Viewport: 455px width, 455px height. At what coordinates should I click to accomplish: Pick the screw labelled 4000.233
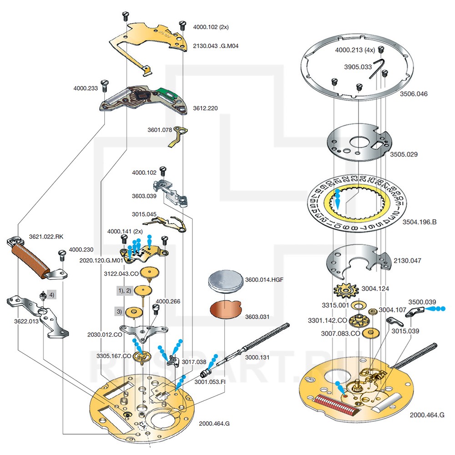pyautogui.click(x=105, y=84)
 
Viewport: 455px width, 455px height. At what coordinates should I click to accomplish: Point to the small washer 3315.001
pyautogui.click(x=357, y=304)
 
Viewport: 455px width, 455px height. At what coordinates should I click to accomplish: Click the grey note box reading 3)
pyautogui.click(x=119, y=312)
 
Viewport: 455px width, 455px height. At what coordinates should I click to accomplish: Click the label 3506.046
pyautogui.click(x=414, y=94)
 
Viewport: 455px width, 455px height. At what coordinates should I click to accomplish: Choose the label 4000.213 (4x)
pyautogui.click(x=355, y=49)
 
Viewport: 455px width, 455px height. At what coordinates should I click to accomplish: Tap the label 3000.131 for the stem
pyautogui.click(x=257, y=358)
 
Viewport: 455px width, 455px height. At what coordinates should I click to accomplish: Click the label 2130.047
pyautogui.click(x=407, y=261)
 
